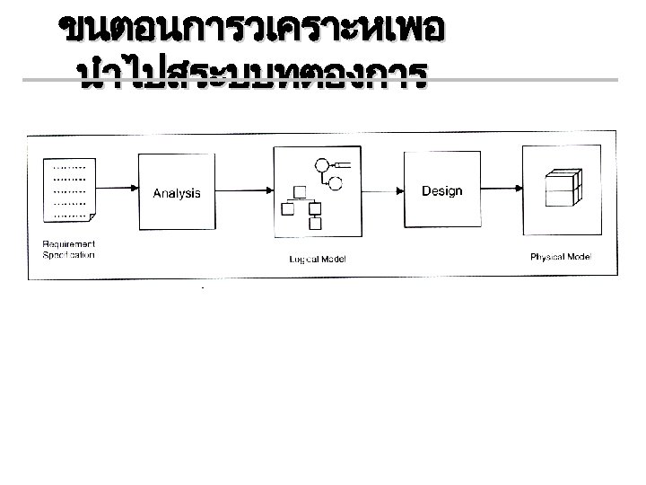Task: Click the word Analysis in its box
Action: [x=177, y=193]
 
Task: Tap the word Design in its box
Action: [x=441, y=190]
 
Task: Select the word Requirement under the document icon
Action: [x=69, y=244]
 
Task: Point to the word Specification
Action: [x=68, y=255]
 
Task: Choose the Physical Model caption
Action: [x=561, y=258]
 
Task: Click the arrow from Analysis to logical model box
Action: [x=244, y=189]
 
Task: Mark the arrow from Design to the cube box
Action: [x=502, y=189]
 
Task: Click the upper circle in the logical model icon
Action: [x=322, y=164]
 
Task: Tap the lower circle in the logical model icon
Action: [x=336, y=184]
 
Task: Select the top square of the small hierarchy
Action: [x=301, y=190]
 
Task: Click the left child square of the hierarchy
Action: [x=288, y=210]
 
